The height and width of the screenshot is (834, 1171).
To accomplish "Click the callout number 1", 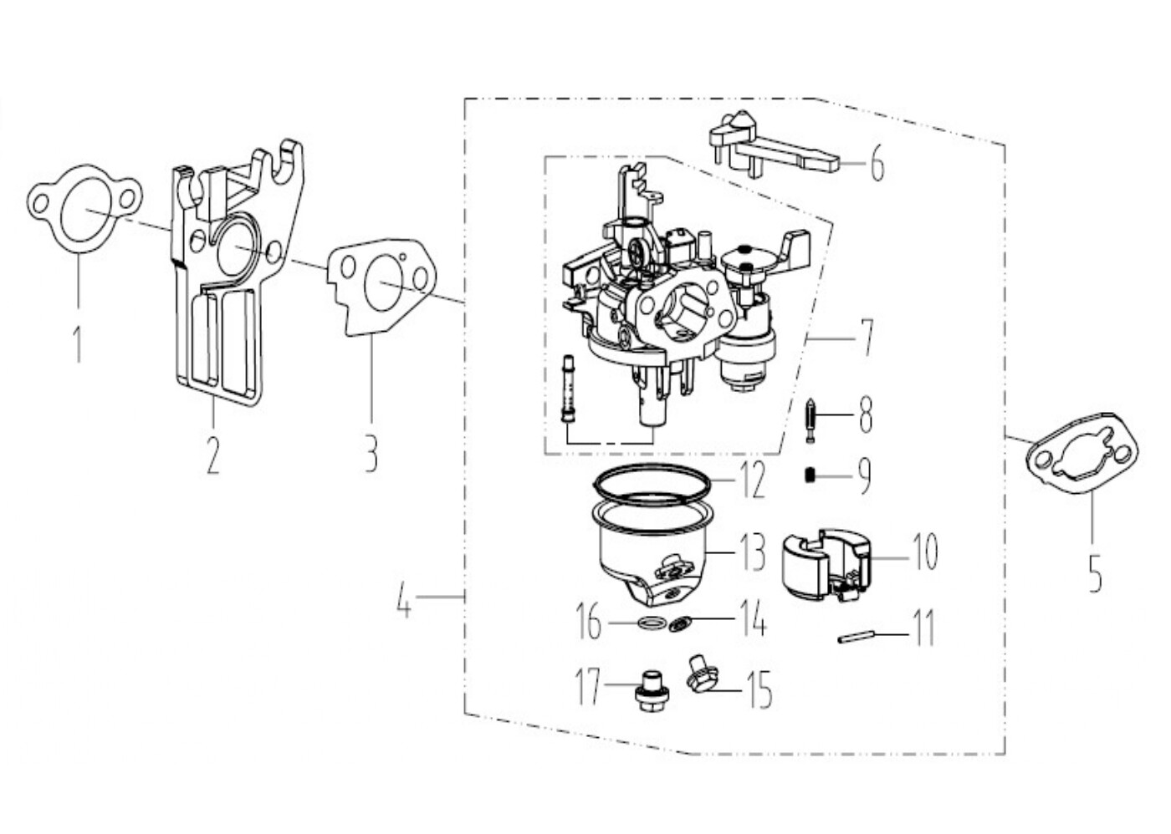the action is [78, 343].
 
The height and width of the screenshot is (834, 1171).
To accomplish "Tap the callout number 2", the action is [212, 455].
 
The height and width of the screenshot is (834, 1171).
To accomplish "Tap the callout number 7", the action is [867, 338].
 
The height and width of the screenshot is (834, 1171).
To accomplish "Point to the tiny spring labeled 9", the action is [810, 476].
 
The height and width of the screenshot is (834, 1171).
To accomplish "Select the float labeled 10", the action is [827, 567].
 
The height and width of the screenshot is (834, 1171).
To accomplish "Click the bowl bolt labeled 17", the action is [651, 693].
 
